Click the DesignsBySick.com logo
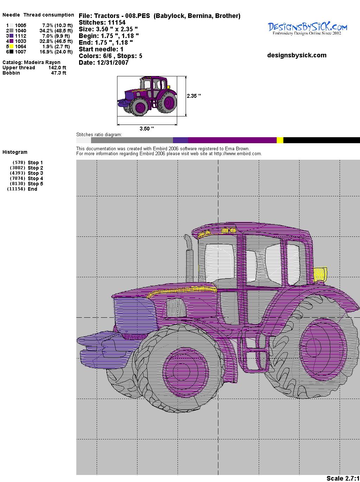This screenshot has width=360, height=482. click(x=307, y=29)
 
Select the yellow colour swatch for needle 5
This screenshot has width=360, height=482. click(x=11, y=46)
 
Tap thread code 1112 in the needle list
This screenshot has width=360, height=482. click(x=21, y=36)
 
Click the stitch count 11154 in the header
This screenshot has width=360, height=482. click(x=117, y=23)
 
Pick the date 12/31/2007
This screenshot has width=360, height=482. click(x=113, y=63)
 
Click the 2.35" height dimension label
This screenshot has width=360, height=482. click(x=194, y=96)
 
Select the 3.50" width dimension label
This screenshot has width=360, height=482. click(x=147, y=128)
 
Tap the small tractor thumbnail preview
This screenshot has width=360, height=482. click(x=147, y=96)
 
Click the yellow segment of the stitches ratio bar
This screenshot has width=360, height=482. click(x=280, y=140)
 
